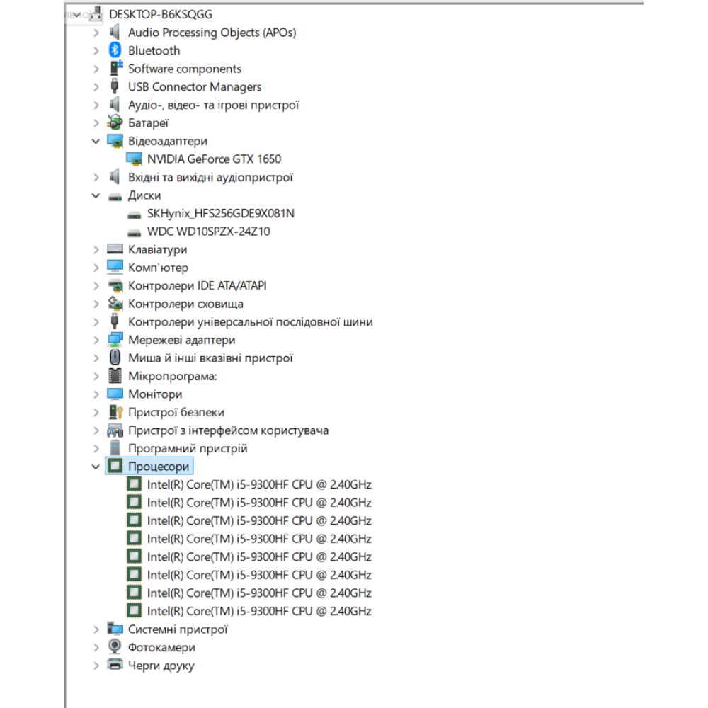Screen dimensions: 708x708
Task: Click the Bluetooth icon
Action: click(115, 50)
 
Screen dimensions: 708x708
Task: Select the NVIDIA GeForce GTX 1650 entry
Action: click(214, 159)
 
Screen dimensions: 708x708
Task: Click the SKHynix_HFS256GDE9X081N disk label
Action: click(221, 213)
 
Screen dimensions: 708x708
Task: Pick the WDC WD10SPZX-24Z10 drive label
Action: click(209, 232)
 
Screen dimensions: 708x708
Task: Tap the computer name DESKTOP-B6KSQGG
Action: click(161, 14)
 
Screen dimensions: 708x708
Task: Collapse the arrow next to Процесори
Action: click(96, 467)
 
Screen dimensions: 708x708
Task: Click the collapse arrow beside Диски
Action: click(96, 195)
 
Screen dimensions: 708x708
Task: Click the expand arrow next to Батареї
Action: click(96, 122)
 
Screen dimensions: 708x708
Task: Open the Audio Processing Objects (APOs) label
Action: click(212, 33)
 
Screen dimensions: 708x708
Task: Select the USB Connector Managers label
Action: click(195, 86)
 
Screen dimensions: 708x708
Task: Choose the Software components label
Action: click(185, 69)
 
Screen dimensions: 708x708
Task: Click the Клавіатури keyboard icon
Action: click(115, 249)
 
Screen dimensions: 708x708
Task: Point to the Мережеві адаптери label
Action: click(181, 340)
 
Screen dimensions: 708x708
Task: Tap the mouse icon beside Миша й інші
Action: click(115, 358)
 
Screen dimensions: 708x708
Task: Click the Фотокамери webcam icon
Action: click(115, 646)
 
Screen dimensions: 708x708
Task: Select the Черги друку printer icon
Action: click(115, 665)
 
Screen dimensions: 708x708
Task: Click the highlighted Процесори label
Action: click(159, 467)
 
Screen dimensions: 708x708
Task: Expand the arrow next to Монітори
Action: click(96, 394)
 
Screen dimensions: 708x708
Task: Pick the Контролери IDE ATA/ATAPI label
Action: click(198, 286)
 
